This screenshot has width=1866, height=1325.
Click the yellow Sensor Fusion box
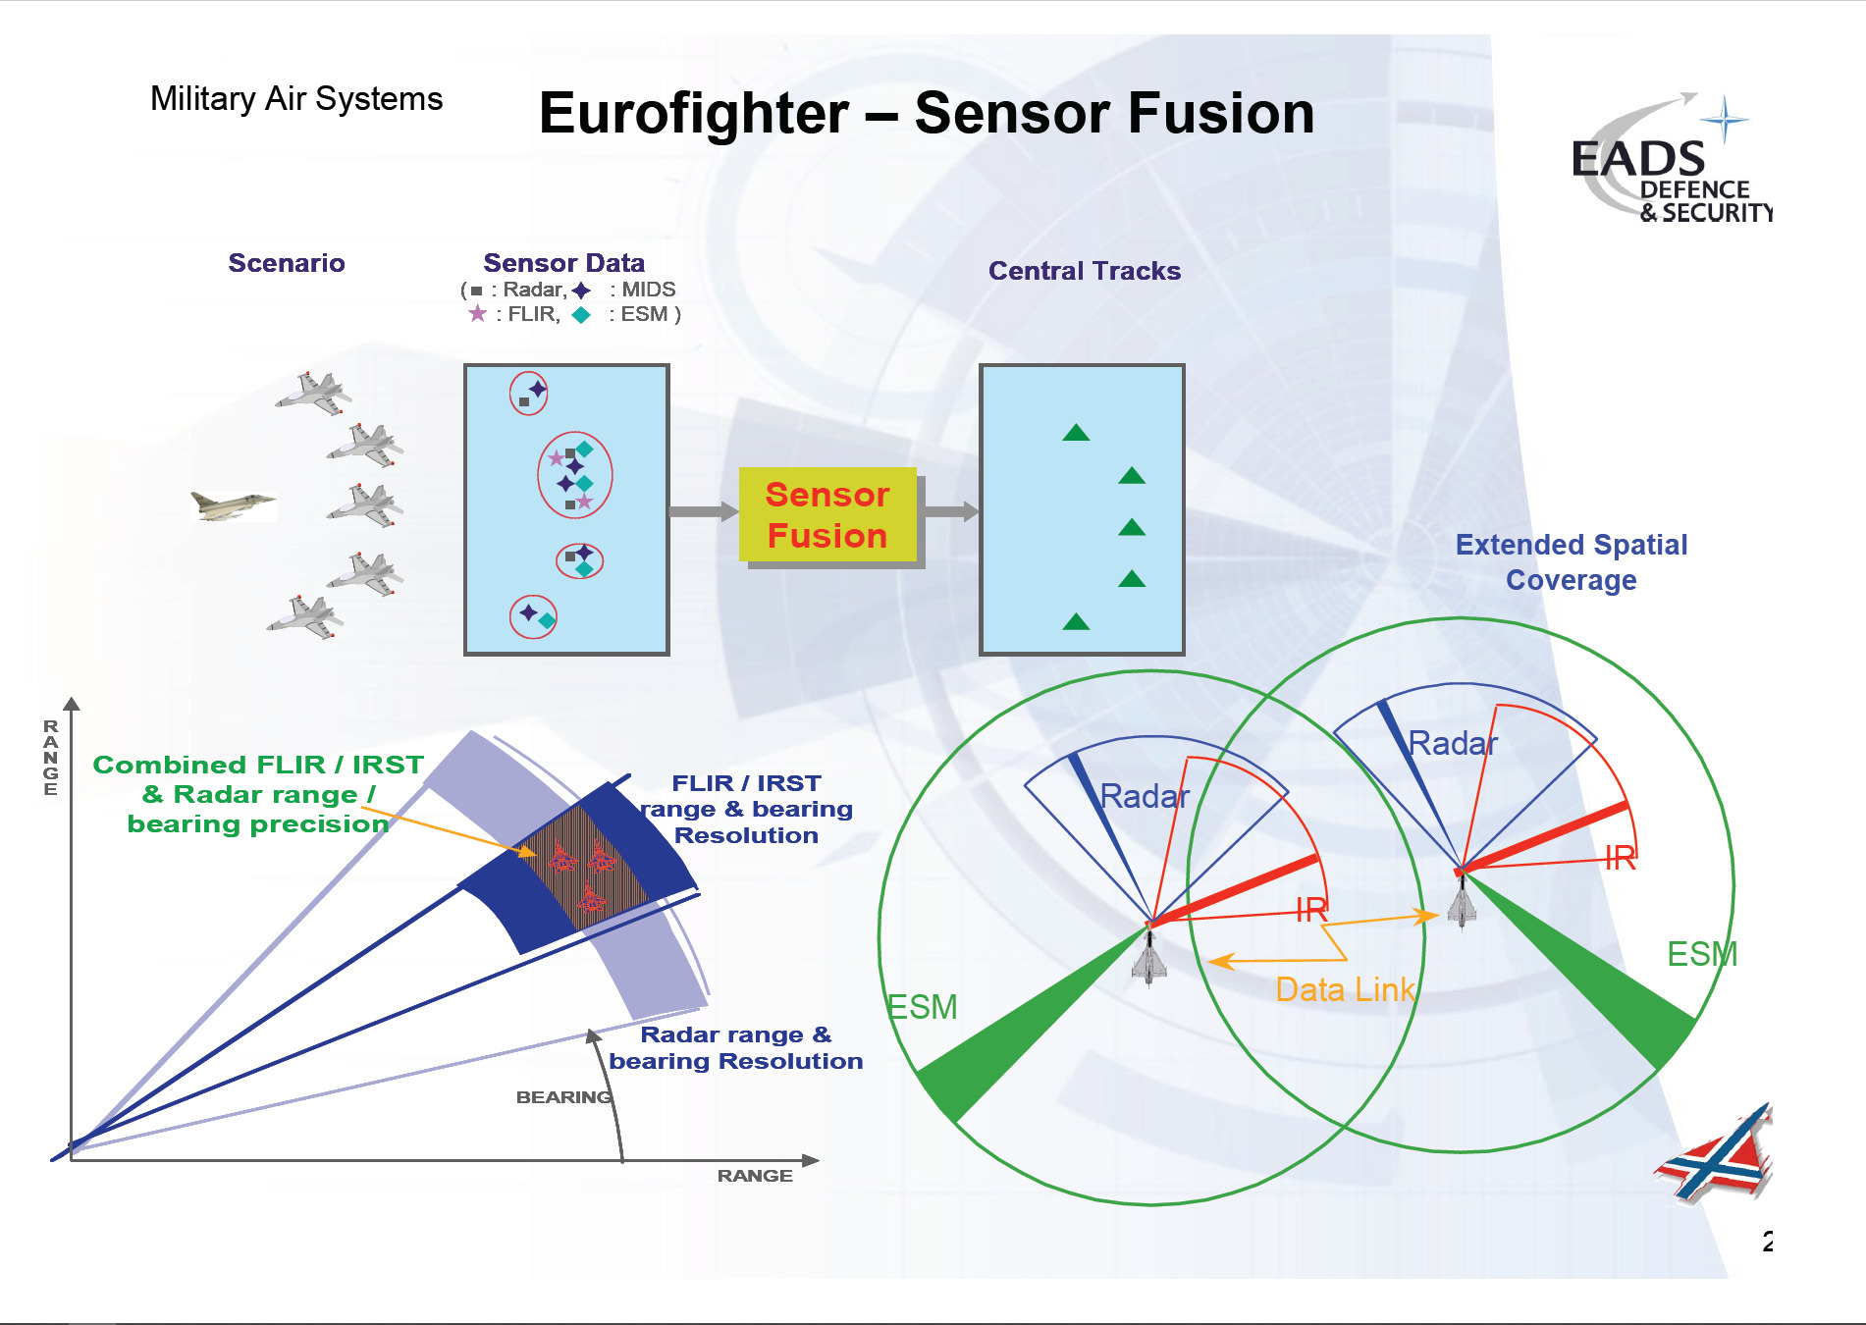[x=827, y=514]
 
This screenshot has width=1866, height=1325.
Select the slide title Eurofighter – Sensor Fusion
[x=927, y=113]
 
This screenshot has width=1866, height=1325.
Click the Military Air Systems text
[x=296, y=99]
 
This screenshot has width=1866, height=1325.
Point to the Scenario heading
[x=287, y=263]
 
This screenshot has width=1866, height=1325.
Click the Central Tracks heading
[x=1085, y=271]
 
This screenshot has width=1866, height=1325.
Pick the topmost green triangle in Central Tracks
[x=1076, y=432]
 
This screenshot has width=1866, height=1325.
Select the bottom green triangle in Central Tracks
[x=1076, y=620]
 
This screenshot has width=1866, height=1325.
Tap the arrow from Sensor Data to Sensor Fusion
[x=704, y=511]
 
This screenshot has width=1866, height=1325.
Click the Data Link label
[x=1346, y=989]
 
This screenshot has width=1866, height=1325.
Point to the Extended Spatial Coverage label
[x=1572, y=562]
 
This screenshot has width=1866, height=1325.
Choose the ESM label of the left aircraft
[x=922, y=1007]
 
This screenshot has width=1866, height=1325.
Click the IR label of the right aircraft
[x=1621, y=859]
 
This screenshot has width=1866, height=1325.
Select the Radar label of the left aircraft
[x=1145, y=796]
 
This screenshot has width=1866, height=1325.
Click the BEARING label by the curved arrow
[x=564, y=1097]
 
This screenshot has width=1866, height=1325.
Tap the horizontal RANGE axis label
[x=755, y=1176]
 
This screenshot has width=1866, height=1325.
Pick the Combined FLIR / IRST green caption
[x=258, y=794]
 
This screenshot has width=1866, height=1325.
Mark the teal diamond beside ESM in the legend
[x=581, y=315]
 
